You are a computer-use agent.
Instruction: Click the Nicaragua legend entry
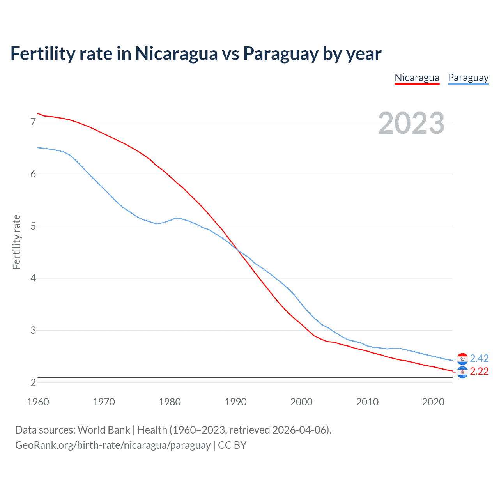[417, 78]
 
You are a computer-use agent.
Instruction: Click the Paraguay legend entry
[468, 78]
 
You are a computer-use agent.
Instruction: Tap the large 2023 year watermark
[411, 123]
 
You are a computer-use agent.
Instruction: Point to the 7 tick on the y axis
[33, 122]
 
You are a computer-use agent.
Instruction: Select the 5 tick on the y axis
[33, 226]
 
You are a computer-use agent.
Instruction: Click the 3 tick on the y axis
[33, 330]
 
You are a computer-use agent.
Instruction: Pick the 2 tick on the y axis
[33, 382]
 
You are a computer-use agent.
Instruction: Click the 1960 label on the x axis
[38, 402]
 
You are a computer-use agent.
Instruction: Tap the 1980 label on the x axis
[170, 402]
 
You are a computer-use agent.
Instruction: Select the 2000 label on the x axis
[301, 402]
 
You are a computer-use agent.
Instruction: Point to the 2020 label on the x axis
[433, 402]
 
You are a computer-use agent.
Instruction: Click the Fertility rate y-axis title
[16, 242]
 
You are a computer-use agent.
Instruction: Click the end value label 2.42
[479, 358]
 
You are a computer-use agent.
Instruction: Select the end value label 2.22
[479, 372]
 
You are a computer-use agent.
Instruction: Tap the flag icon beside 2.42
[462, 359]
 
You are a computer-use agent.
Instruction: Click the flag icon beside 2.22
[462, 372]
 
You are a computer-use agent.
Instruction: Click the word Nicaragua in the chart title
[176, 53]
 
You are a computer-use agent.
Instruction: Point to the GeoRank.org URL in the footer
[113, 445]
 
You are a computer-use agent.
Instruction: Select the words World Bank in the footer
[104, 430]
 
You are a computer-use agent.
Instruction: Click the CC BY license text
[232, 445]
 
